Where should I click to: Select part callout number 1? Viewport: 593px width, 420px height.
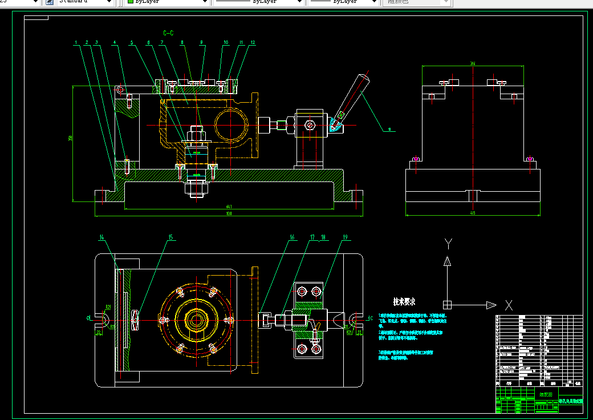tap(76, 42)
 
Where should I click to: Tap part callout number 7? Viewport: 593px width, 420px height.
tap(162, 42)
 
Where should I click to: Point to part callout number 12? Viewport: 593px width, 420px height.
tap(253, 42)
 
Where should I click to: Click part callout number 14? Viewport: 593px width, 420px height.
tap(102, 237)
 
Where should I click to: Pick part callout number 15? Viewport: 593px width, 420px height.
tap(170, 237)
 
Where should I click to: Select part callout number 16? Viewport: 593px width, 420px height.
tap(292, 237)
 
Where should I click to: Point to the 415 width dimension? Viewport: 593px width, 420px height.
tap(472, 213)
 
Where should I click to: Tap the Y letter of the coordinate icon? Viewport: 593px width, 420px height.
tap(448, 244)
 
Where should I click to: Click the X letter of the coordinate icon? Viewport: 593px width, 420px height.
tap(509, 305)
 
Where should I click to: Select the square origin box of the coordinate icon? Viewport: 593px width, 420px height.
tap(448, 304)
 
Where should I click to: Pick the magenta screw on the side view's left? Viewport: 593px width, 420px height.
tap(416, 158)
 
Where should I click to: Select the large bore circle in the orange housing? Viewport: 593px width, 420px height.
tap(231, 122)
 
